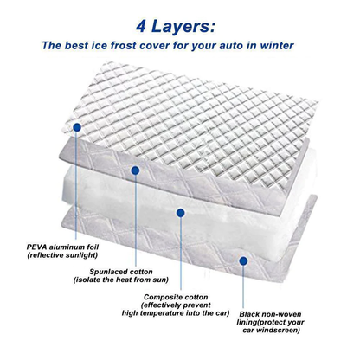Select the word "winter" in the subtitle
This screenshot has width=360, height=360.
coord(293,46)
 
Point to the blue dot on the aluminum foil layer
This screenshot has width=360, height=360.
coord(77,126)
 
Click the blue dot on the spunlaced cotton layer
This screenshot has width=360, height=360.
coord(135,170)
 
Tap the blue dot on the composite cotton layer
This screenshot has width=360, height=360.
coord(180,211)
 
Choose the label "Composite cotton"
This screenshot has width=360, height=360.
coord(178,297)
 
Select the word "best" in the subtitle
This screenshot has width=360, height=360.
coord(92,46)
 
